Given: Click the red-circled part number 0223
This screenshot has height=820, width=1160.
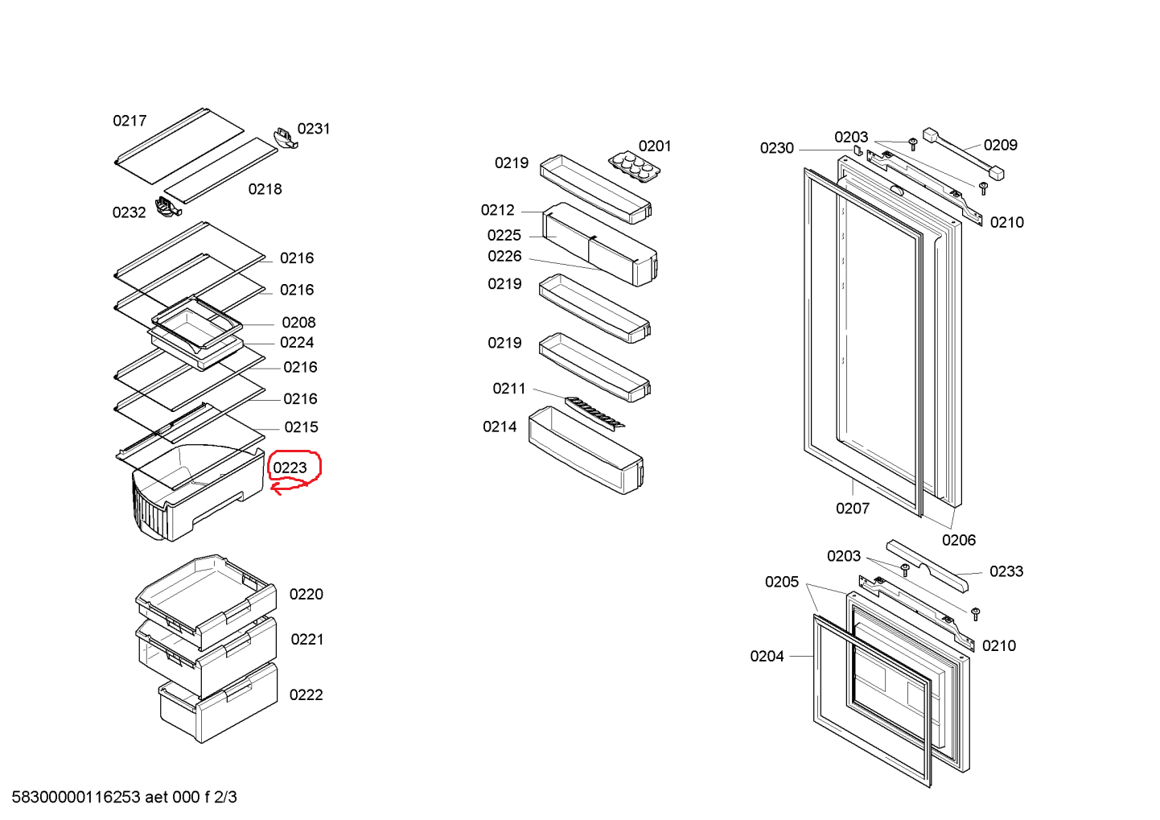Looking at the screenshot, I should (x=290, y=468).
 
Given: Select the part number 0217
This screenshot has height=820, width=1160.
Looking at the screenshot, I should (x=130, y=121).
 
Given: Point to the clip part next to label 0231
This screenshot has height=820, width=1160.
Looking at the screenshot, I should (x=286, y=136).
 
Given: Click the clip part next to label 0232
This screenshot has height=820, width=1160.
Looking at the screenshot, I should (x=167, y=207).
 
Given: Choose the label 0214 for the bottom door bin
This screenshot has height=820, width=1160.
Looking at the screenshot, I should (x=500, y=426).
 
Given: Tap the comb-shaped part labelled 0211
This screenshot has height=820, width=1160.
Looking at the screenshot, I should (x=595, y=413).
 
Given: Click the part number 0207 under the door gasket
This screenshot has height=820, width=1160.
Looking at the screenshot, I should (x=852, y=508).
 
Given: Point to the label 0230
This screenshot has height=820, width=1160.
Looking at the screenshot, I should (x=776, y=148).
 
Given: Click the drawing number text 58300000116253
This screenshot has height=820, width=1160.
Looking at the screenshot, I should (x=76, y=797).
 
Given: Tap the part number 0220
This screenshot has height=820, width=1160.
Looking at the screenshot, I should (x=306, y=594).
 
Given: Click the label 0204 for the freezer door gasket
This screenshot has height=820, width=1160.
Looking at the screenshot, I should (x=767, y=656).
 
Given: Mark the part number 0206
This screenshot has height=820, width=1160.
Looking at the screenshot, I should (x=958, y=540).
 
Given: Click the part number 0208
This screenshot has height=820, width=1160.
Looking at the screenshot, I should (x=298, y=322).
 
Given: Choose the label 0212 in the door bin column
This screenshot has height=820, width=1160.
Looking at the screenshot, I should (x=498, y=210).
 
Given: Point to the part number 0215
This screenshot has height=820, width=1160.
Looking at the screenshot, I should (x=301, y=427).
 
